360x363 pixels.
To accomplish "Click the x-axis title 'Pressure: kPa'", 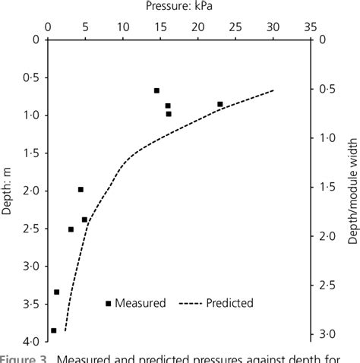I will coord(178,7).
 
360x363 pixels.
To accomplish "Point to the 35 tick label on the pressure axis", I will coord(310,26).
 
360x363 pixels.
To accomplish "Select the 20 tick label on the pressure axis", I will coord(197,26).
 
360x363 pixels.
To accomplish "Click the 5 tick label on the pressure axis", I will coord(85,26).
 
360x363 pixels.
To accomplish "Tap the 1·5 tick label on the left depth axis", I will coord(31,153).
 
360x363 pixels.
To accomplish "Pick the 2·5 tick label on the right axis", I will coord(327,286).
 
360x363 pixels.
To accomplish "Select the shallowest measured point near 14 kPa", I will coord(156,90).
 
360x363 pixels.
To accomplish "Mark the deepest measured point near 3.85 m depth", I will coord(53,330).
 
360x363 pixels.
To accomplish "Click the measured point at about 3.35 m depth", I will coord(57,292).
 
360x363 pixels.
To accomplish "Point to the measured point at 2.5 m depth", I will coord(71,229).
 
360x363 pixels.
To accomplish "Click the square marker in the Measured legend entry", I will coord(109,303).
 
